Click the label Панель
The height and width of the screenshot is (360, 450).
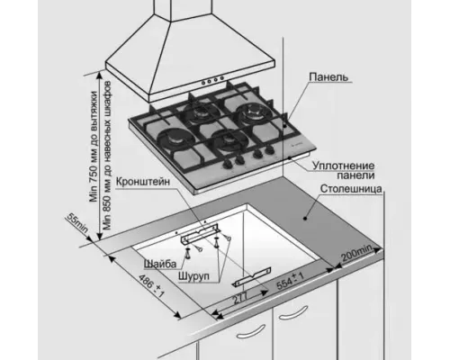[x=328, y=77]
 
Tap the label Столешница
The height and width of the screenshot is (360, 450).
[x=351, y=189]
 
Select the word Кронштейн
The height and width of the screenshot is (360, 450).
[x=143, y=182]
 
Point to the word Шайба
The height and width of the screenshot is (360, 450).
[x=160, y=264]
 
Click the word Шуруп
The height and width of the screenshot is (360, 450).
[x=193, y=275]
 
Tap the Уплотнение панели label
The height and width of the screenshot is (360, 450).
[x=344, y=170]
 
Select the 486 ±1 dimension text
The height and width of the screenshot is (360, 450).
[x=152, y=286]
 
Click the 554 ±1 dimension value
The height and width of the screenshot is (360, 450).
[x=290, y=281]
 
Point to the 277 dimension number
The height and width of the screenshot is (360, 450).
[x=241, y=299]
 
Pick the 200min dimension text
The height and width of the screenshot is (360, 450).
[x=357, y=254]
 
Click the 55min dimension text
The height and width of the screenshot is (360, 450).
[x=77, y=223]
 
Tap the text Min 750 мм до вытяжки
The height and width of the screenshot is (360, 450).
[x=94, y=147]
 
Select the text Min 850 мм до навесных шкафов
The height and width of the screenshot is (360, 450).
[x=107, y=156]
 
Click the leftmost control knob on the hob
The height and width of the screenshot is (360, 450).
[x=227, y=164]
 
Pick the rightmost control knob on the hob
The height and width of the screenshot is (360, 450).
[x=270, y=150]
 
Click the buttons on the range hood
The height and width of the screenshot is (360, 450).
[x=213, y=80]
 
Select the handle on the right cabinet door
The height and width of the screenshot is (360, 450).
[x=292, y=312]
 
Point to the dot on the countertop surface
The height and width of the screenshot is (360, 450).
[x=305, y=218]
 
